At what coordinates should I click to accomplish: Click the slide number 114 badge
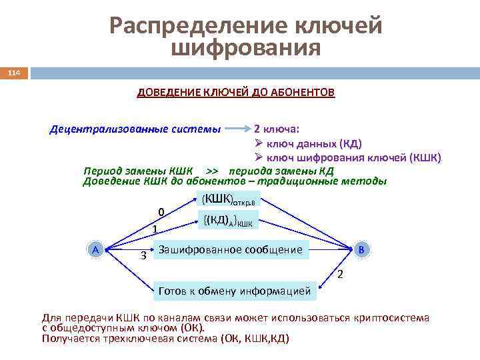pyautogui.click(x=14, y=72)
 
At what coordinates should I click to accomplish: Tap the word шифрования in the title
pyautogui.click(x=246, y=48)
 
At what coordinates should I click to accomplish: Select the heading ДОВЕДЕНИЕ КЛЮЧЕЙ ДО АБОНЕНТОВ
pyautogui.click(x=236, y=91)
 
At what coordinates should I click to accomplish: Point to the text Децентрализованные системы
pyautogui.click(x=135, y=129)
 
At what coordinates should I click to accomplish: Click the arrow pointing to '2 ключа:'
pyautogui.click(x=238, y=129)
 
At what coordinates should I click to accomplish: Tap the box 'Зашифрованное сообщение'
pyautogui.click(x=229, y=250)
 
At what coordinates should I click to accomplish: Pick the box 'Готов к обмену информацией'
pyautogui.click(x=234, y=291)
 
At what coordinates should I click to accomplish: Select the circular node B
pyautogui.click(x=361, y=249)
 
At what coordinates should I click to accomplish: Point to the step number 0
pyautogui.click(x=161, y=212)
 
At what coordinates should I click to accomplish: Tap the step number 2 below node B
pyautogui.click(x=340, y=275)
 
